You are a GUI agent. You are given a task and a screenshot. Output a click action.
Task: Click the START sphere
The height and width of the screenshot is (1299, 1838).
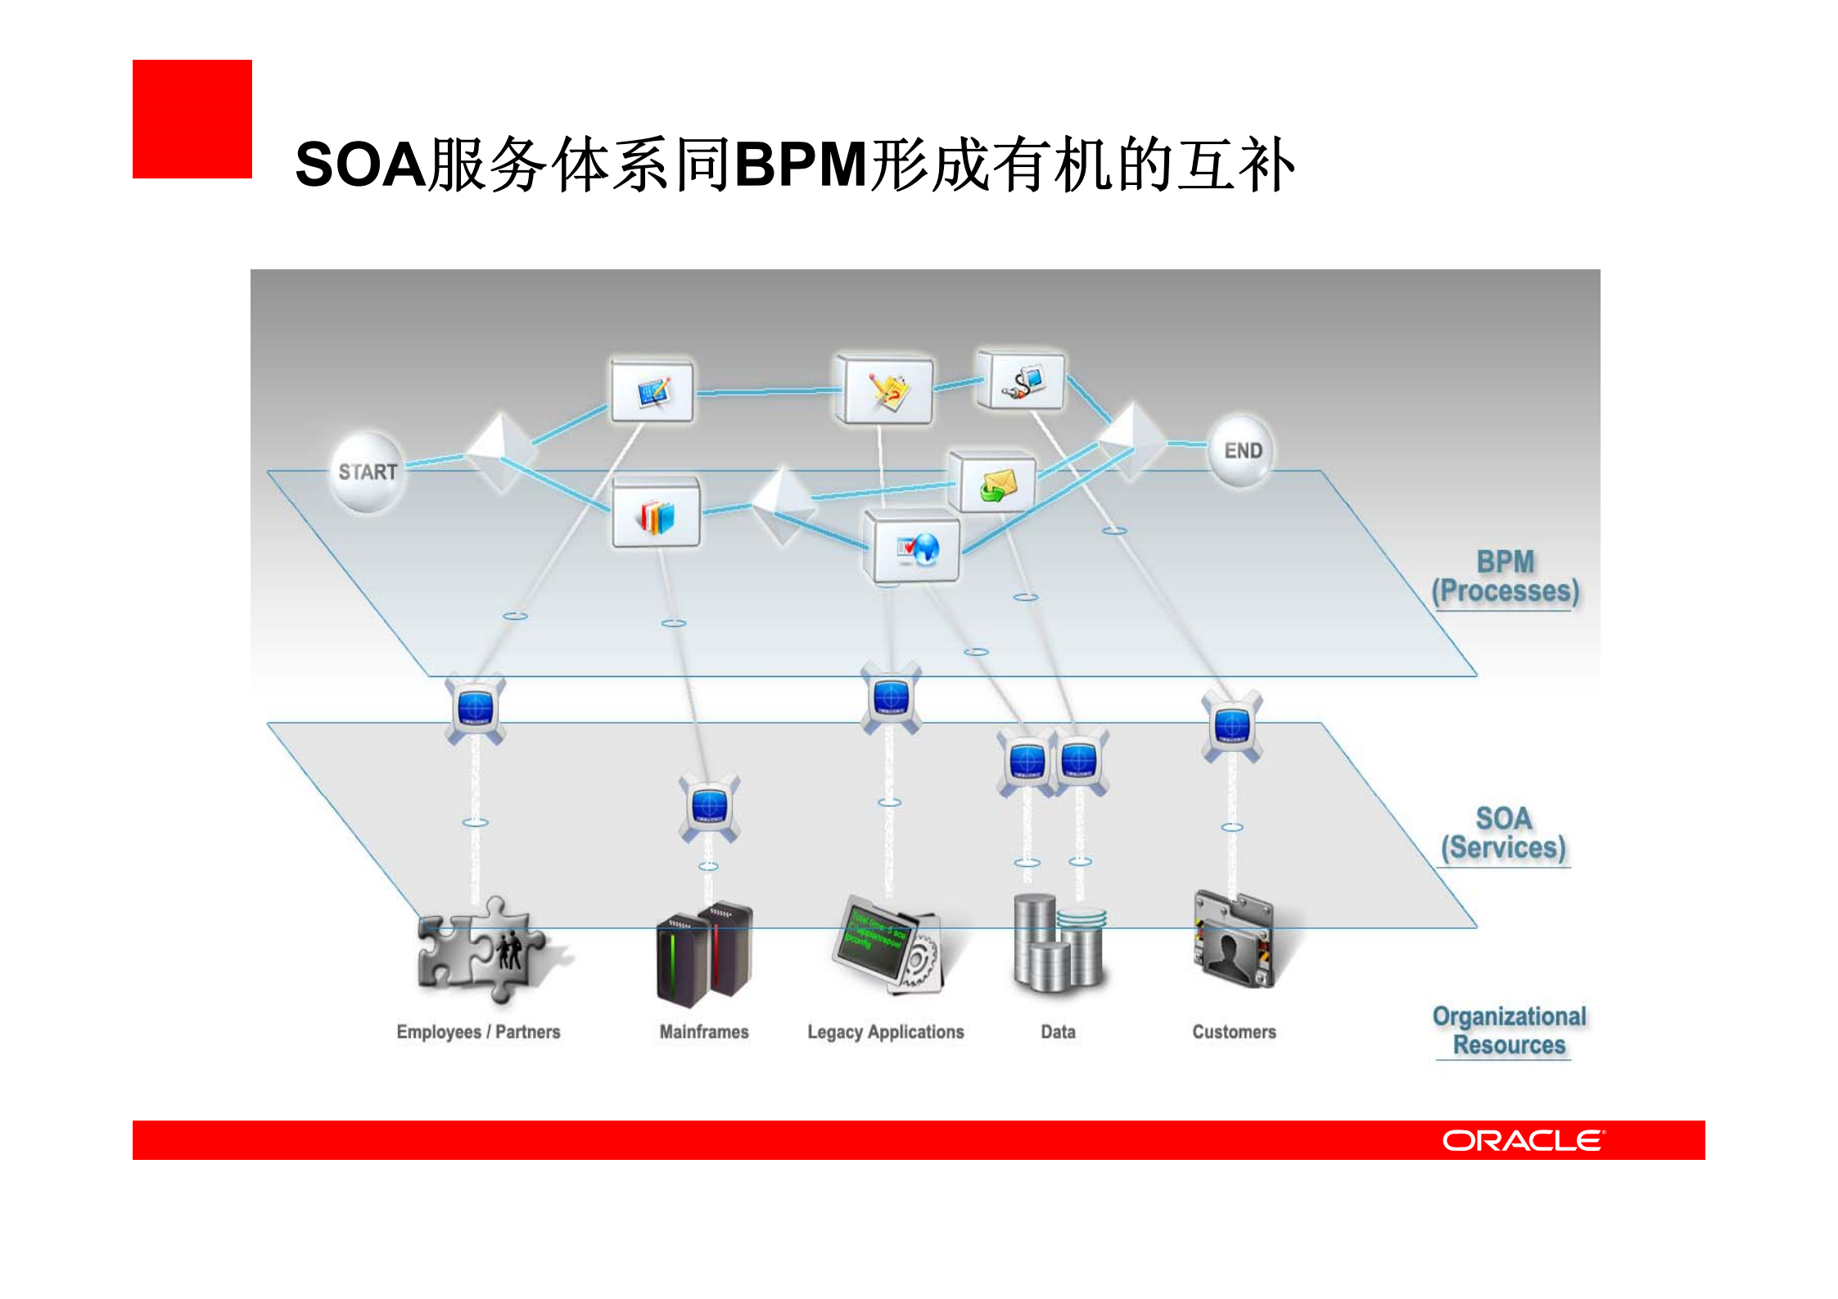click(x=368, y=472)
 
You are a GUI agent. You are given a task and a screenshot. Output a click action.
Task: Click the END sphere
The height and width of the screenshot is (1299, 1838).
click(x=1241, y=451)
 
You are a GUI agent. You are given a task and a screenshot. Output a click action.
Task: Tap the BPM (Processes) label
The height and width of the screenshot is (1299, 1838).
click(x=1505, y=577)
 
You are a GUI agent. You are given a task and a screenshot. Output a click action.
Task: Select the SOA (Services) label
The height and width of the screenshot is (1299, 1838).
click(x=1503, y=833)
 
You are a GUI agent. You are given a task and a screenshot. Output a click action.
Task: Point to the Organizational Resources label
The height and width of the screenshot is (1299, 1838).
click(x=1509, y=1031)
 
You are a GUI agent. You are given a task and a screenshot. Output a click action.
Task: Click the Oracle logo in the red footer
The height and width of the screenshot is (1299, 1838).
click(x=1523, y=1140)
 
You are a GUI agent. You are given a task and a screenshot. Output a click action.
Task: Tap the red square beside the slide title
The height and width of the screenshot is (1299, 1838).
click(x=192, y=120)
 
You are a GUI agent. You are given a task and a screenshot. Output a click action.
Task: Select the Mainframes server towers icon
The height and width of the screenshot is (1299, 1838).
click(x=704, y=954)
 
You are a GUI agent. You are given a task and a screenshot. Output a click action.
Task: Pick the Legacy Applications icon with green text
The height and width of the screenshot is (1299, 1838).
click(x=889, y=945)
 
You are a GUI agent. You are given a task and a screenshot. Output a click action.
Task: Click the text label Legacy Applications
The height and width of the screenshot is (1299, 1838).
click(x=885, y=1032)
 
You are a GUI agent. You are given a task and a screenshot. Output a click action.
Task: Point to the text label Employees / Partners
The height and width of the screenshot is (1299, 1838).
click(x=478, y=1032)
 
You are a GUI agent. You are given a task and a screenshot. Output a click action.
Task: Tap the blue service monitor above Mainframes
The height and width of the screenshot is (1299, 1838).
click(x=709, y=807)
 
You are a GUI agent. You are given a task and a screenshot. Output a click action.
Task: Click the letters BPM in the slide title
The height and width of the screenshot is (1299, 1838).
click(x=801, y=165)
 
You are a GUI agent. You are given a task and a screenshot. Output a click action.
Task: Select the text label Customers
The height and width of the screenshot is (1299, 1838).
click(x=1234, y=1032)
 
